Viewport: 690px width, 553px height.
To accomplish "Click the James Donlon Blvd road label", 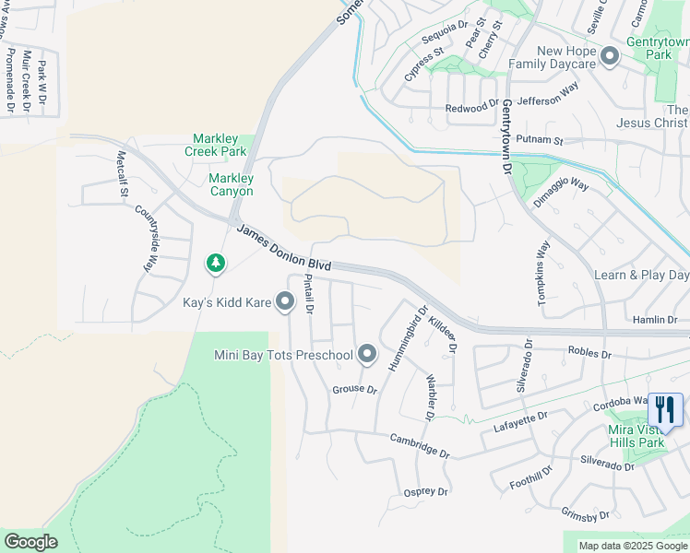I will pyautogui.click(x=283, y=247).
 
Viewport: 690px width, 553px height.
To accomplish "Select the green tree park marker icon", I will pyautogui.click(x=216, y=265).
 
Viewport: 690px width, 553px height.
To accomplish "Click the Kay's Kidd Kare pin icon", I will pyautogui.click(x=285, y=300).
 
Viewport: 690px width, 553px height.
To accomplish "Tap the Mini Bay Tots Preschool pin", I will pyautogui.click(x=367, y=354).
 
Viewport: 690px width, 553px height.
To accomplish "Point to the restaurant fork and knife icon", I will pyautogui.click(x=665, y=408).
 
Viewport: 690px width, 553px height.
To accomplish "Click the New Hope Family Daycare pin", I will pyautogui.click(x=609, y=57).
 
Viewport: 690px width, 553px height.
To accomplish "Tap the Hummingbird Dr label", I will pyautogui.click(x=408, y=340).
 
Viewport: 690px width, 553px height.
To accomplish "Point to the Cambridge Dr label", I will pyautogui.click(x=419, y=446).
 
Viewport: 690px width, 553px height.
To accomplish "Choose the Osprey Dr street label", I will pyautogui.click(x=425, y=492).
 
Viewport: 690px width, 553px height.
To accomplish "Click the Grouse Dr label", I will pyautogui.click(x=355, y=390).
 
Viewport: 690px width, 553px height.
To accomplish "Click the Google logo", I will pyautogui.click(x=30, y=542).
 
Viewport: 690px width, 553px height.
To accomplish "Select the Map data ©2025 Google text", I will pyautogui.click(x=633, y=546).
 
